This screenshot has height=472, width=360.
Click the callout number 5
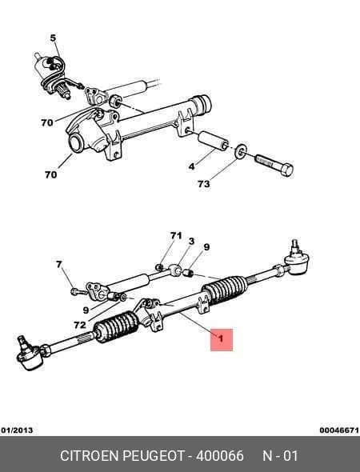[53, 38]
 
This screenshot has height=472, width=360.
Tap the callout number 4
[192, 166]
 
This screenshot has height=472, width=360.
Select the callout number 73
[204, 184]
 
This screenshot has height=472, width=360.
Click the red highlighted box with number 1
[222, 339]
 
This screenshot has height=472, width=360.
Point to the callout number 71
[176, 236]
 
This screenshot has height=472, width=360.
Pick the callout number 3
[191, 241]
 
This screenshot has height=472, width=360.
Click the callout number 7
[59, 264]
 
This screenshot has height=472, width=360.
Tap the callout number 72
[80, 325]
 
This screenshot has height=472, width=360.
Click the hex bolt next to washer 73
[274, 165]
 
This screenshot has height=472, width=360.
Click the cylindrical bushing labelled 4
[213, 141]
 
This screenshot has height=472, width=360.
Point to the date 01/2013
[17, 430]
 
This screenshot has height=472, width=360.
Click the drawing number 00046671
[339, 430]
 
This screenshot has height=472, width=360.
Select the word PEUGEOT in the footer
[154, 456]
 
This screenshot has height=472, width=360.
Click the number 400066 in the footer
[220, 456]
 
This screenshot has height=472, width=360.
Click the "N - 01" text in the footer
[280, 456]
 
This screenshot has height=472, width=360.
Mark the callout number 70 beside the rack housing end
[50, 174]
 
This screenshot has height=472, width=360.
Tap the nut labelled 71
[159, 266]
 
